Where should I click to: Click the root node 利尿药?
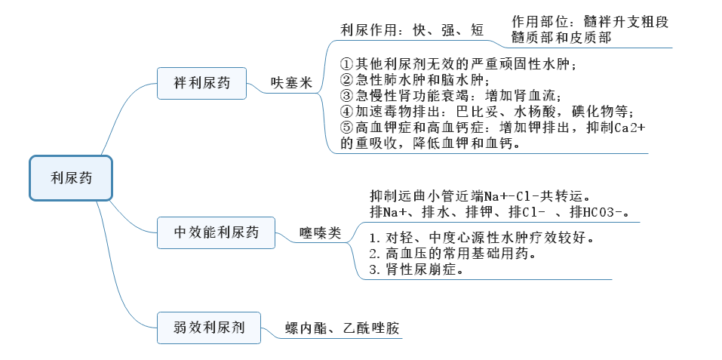[x=71, y=178]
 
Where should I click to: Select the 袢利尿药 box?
[x=201, y=82]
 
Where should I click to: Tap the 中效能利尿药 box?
[x=217, y=232]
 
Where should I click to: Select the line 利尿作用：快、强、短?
[x=413, y=30]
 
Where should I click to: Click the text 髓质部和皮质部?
[x=561, y=37]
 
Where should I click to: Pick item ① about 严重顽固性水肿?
[x=459, y=64]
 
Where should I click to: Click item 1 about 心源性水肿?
[x=481, y=238]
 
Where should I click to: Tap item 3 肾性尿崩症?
[x=416, y=269]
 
